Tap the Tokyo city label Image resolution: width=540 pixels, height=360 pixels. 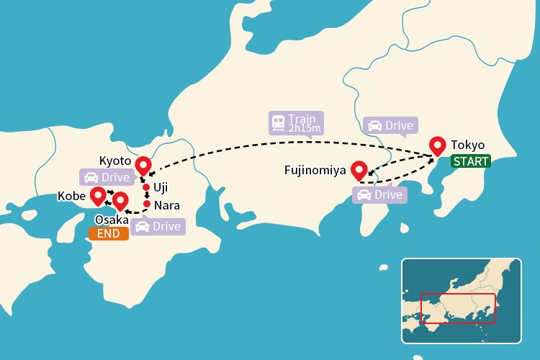(x=467, y=145)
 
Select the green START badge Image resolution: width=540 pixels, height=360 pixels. (x=470, y=161)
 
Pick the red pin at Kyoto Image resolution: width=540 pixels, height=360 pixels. (x=143, y=165)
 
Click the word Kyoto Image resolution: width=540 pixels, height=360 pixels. (x=114, y=159)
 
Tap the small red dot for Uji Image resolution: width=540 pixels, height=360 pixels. (x=146, y=187)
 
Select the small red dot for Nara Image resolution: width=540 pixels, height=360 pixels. (x=147, y=204)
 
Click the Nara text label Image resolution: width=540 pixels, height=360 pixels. (x=167, y=205)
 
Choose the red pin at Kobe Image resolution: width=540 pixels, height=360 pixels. (x=97, y=195)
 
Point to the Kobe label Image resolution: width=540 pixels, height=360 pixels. (x=72, y=195)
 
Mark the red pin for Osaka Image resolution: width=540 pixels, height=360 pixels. (x=120, y=200)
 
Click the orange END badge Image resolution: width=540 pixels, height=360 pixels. (x=108, y=233)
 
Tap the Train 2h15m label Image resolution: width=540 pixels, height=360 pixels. (x=296, y=123)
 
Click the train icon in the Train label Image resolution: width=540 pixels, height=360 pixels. (x=278, y=123)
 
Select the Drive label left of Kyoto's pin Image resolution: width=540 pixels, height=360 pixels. (x=105, y=177)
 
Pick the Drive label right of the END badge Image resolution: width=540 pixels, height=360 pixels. (x=158, y=226)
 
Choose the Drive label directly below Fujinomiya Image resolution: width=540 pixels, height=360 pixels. (x=379, y=194)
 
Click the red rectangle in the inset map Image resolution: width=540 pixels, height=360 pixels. (x=458, y=307)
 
